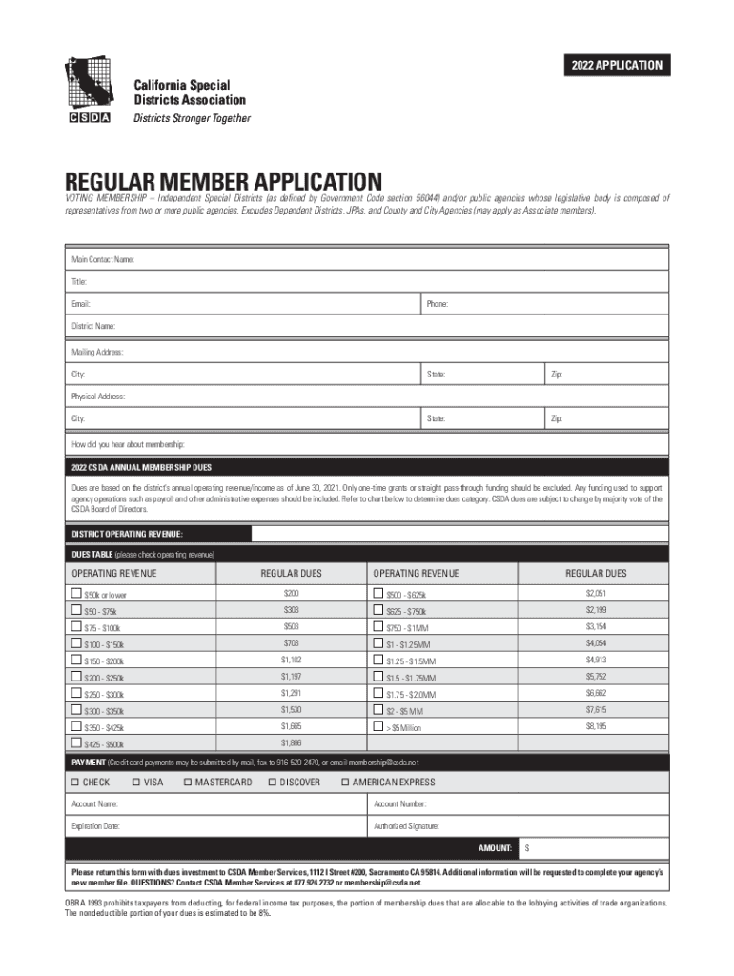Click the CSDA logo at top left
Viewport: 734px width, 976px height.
tap(88, 89)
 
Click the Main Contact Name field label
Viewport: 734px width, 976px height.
tap(103, 259)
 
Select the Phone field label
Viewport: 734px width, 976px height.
tap(438, 304)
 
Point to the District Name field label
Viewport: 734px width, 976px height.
tap(93, 327)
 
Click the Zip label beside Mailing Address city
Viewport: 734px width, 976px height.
tap(555, 375)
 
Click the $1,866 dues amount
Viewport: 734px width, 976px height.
tap(291, 742)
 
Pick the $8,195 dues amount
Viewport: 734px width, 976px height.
tap(596, 725)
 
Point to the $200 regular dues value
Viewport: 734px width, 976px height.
tap(291, 594)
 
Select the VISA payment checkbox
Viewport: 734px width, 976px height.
tap(136, 783)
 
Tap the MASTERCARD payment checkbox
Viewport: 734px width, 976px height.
tap(188, 783)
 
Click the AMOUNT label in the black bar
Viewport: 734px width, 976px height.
tap(496, 847)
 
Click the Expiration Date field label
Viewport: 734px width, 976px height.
tap(95, 826)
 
